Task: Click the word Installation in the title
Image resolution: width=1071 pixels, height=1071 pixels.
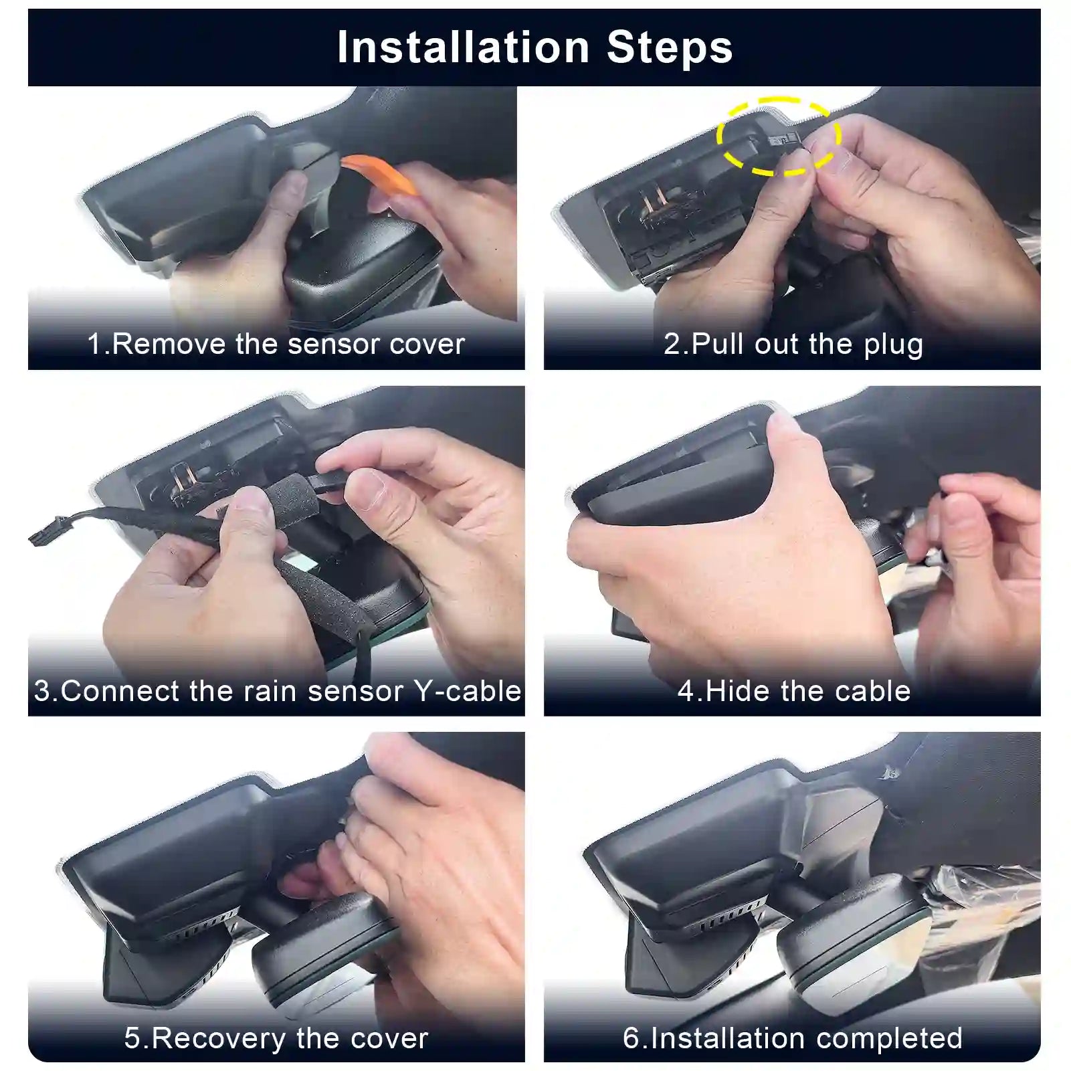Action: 463,47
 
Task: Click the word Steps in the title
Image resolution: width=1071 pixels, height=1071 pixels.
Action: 670,47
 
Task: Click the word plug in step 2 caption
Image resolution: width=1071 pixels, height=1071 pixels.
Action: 893,345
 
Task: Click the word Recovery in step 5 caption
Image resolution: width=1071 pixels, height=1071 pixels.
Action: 219,1038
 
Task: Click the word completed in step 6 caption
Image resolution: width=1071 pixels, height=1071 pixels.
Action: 889,1038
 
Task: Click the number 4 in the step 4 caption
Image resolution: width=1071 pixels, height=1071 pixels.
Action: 686,691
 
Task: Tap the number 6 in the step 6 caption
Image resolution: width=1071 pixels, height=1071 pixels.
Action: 631,1038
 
